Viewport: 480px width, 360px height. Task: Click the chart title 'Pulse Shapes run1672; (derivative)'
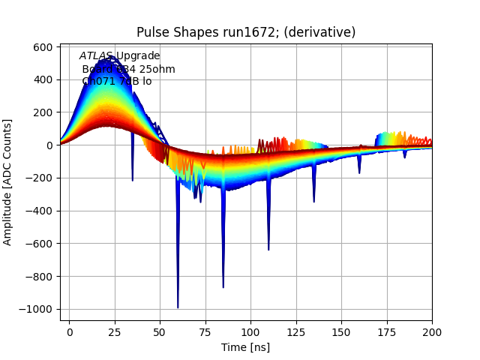246,32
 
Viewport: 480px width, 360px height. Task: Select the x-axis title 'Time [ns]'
246,347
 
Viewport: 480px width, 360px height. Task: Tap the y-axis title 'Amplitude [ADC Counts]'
8,181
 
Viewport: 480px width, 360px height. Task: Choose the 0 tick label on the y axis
49,145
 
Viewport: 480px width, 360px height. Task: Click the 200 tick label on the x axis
432,331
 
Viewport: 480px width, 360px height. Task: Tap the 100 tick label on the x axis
250,331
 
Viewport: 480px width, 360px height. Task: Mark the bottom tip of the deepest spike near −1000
178,307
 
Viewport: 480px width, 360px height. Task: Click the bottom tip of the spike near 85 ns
223,287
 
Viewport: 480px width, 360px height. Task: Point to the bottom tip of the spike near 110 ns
268,250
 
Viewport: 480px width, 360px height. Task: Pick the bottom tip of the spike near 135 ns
313,202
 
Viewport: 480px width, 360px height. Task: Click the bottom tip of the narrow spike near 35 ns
133,181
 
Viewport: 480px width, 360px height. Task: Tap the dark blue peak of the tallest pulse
106,57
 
